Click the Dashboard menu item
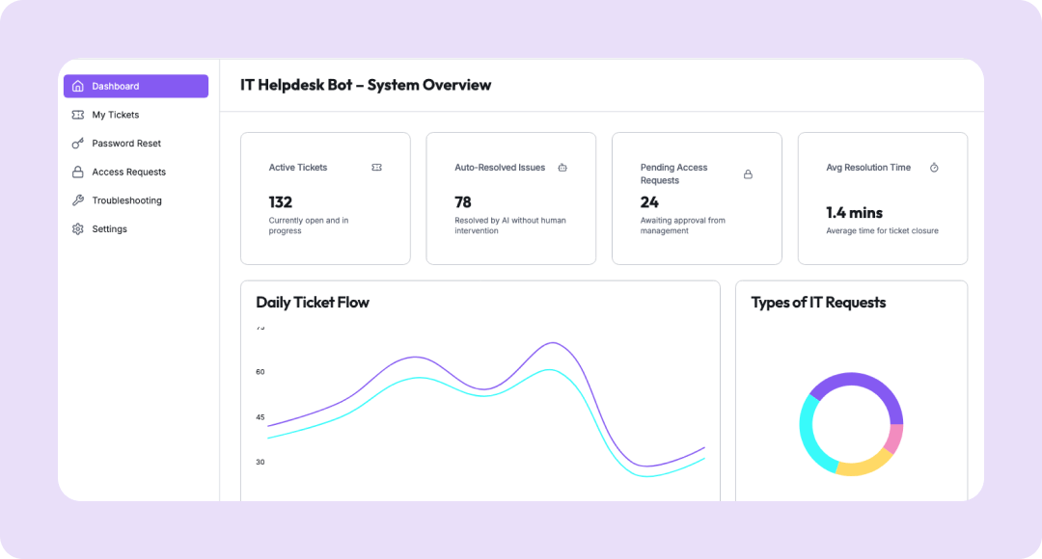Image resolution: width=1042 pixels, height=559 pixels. coord(135,87)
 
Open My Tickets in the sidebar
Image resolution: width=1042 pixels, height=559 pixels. coord(115,115)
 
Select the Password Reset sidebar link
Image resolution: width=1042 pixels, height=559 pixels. coord(125,144)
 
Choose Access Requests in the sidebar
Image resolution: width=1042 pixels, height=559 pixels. coord(128,173)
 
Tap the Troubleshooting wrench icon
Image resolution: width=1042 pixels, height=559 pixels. coord(78,200)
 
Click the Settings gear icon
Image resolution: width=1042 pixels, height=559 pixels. coord(78,229)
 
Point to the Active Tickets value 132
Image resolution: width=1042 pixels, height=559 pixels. coord(280,202)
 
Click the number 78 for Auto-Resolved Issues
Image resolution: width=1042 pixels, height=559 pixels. coord(463,202)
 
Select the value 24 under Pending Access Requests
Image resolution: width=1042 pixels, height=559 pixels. coord(649,202)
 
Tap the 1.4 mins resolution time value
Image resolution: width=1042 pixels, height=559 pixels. coord(854,212)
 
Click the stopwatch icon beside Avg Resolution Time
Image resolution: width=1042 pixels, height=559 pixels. coord(934,168)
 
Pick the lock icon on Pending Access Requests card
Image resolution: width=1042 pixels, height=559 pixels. coord(748,174)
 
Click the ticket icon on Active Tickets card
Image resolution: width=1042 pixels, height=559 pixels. coord(376,168)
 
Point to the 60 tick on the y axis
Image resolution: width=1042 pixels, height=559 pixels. coord(260,372)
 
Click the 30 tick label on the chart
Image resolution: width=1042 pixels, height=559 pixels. coord(260,462)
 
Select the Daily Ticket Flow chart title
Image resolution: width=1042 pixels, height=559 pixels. coord(313,303)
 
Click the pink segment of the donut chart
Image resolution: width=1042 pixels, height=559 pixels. coord(894,439)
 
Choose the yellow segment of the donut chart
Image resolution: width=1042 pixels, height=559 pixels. coord(861,466)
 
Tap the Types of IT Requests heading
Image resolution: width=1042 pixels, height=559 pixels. coord(818,303)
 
